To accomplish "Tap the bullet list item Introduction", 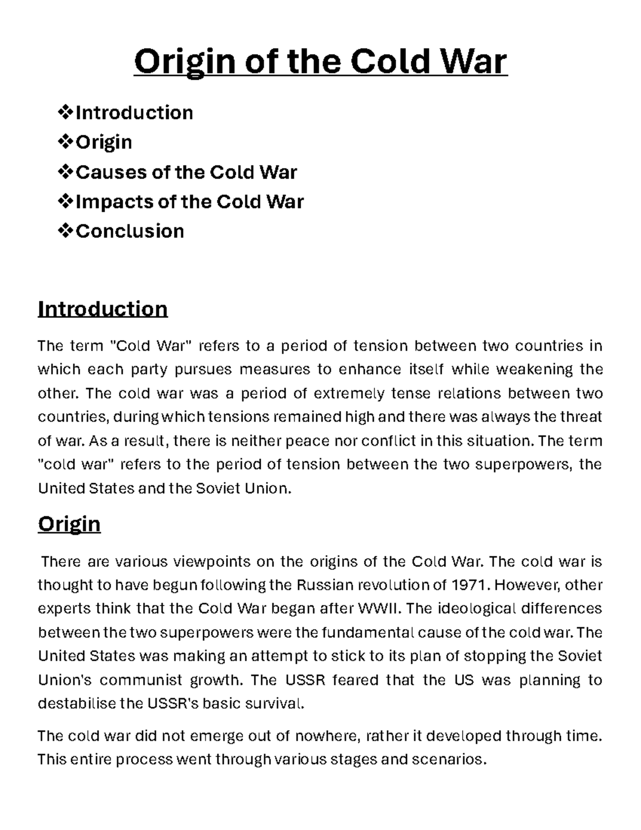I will click(134, 113).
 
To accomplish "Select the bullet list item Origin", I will click(104, 142).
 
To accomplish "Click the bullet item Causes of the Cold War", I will click(186, 172).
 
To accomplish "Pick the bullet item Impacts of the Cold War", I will click(190, 201).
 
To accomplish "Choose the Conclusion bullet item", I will click(130, 231).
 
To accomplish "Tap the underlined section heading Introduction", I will click(103, 309).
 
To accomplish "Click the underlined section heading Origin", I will click(69, 524).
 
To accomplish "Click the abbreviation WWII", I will click(378, 609).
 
